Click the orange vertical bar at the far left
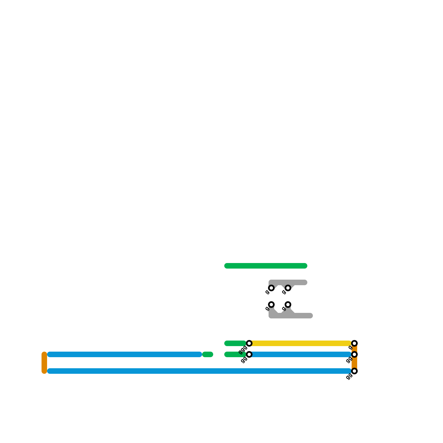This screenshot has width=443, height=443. (44, 362)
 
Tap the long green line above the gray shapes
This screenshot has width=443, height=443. (266, 266)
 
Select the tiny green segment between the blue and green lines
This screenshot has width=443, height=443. (207, 354)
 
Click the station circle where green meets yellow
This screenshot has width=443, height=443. (249, 343)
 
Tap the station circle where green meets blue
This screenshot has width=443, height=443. (249, 354)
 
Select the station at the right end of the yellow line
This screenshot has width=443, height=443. (354, 343)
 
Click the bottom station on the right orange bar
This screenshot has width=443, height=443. (354, 371)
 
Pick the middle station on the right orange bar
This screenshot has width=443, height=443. (354, 354)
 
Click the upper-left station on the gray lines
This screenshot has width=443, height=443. (271, 288)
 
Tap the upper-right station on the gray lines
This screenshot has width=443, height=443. (288, 288)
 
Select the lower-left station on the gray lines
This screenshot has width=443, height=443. (271, 305)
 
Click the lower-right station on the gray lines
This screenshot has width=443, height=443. (288, 305)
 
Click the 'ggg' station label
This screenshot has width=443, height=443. (243, 350)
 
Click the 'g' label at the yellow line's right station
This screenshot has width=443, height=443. (350, 347)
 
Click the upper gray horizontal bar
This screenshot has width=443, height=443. (299, 282)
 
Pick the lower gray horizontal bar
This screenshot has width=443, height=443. (303, 316)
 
